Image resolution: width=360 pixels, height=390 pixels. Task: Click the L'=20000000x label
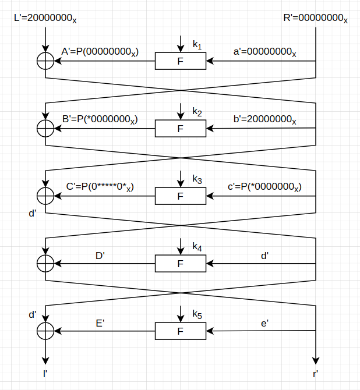click(x=45, y=18)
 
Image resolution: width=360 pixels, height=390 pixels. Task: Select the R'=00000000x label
click(x=315, y=18)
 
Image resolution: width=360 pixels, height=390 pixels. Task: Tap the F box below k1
click(x=181, y=61)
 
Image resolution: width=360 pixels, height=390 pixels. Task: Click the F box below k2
click(x=181, y=129)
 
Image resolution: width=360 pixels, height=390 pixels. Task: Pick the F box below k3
click(x=181, y=196)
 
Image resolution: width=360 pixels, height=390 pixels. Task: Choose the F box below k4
click(x=181, y=264)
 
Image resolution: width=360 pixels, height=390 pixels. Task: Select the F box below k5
click(x=181, y=331)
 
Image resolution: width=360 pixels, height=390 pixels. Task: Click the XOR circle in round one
click(x=45, y=61)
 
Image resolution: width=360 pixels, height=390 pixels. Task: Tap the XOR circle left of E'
click(x=45, y=331)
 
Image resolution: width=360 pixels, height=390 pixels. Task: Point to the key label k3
click(x=197, y=180)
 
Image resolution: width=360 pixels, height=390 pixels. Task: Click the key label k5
click(x=197, y=315)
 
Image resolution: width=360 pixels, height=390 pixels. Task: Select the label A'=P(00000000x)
click(x=100, y=52)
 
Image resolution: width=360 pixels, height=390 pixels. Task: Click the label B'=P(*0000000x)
click(x=100, y=119)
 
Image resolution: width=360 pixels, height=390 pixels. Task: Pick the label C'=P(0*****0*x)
click(x=100, y=187)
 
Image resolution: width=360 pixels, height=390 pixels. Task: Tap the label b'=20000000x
click(x=265, y=119)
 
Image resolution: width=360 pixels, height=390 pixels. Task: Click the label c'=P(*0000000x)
click(x=264, y=187)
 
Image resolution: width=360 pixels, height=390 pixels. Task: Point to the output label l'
click(x=45, y=373)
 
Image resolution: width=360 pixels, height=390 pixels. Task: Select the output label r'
click(x=315, y=373)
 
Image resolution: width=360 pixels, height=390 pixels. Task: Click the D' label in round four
click(x=100, y=255)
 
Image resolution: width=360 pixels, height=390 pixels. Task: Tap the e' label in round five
click(x=265, y=322)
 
